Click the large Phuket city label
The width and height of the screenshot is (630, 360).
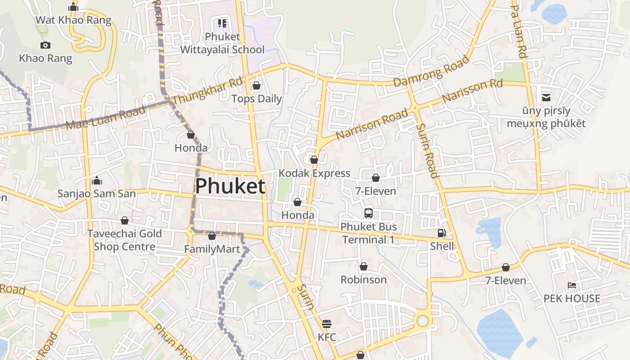point(230,186)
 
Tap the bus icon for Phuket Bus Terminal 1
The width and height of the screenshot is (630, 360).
point(369,213)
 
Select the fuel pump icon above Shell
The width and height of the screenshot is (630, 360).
point(442,233)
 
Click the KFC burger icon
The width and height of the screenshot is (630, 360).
point(327,324)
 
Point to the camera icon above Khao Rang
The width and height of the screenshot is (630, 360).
point(45,45)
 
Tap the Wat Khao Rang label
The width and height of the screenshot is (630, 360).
point(73,20)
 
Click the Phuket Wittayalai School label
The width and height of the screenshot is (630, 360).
point(222,43)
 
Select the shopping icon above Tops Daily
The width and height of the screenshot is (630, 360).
point(256,85)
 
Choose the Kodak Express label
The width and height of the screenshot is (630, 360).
point(314,173)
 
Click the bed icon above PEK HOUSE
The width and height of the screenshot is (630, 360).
point(572,285)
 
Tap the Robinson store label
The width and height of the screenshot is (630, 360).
point(364,279)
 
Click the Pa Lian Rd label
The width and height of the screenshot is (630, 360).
point(519,31)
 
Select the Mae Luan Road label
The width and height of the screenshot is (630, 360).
point(105,118)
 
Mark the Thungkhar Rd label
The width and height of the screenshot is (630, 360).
point(207,90)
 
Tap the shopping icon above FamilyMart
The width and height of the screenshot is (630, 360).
point(212,236)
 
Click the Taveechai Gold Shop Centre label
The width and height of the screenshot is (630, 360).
point(124,240)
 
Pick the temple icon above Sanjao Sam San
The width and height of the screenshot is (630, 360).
point(96,181)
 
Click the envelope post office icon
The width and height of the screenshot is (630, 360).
point(546,97)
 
